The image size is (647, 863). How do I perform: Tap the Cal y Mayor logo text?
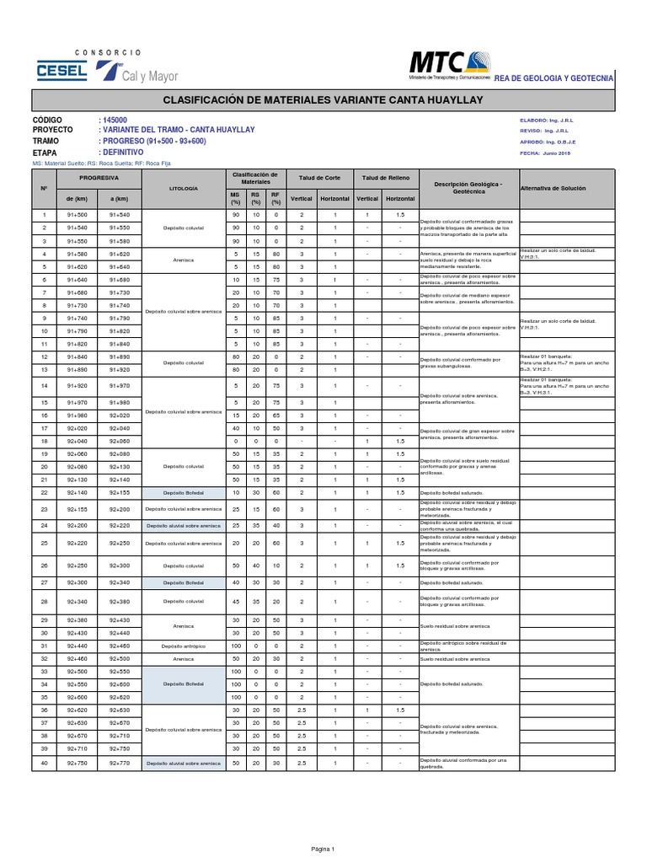[x=150, y=76]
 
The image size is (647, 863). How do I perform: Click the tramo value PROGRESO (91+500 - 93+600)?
[x=152, y=142]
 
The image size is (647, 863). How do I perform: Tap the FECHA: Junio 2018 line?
[x=546, y=153]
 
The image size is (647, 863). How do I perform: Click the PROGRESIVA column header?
[x=99, y=179]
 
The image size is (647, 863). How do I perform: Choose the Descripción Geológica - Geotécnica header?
[x=468, y=188]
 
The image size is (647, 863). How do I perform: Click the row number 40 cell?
[x=44, y=763]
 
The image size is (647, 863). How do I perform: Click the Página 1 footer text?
[x=323, y=848]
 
